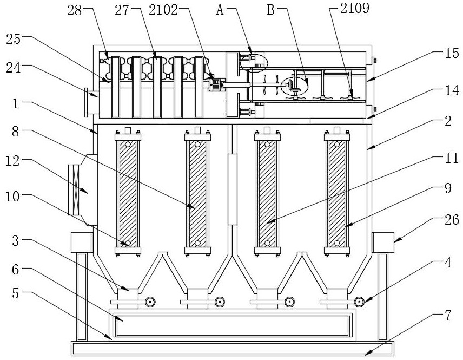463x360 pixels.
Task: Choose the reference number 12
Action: (15, 161)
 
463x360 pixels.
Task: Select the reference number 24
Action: (15, 69)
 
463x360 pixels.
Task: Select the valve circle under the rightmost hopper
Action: (359, 302)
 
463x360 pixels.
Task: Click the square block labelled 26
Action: (383, 241)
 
